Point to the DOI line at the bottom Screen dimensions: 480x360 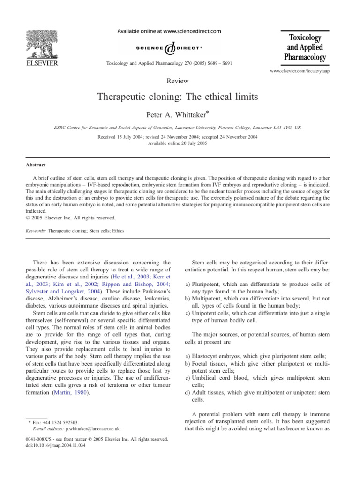point(59,445)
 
